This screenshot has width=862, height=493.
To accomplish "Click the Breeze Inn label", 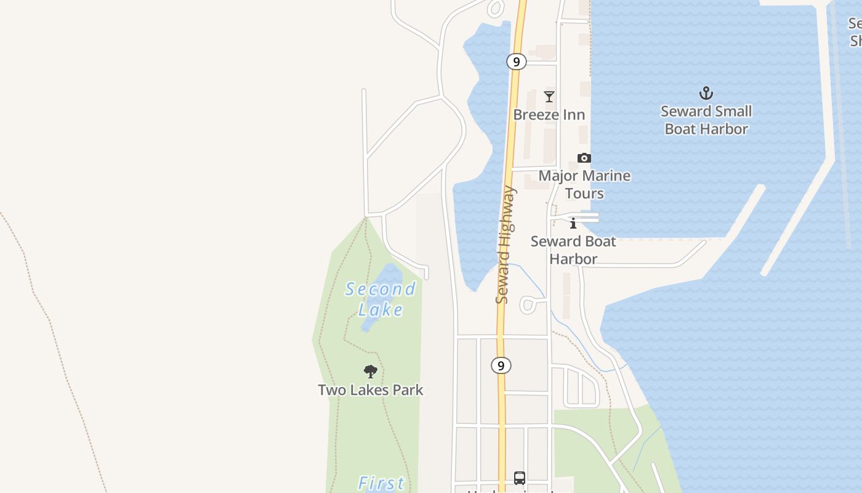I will point(549,115).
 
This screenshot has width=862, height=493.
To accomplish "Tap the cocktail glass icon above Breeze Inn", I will point(549,97).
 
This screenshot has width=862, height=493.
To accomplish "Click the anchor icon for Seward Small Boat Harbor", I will point(706,93).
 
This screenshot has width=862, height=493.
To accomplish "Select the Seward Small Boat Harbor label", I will point(706,120).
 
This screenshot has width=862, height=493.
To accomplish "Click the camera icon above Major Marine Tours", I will point(584,158).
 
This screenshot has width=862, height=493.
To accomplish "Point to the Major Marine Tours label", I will point(584,184).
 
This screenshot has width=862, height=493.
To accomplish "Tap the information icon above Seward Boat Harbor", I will point(573,223).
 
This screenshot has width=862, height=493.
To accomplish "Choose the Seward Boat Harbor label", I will point(573,250).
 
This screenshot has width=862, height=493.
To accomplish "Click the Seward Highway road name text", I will point(504,245).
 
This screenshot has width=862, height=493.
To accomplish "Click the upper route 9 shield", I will point(516,62).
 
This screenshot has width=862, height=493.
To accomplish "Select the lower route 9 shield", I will point(501,365).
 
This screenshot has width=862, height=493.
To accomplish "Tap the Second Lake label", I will point(381,298).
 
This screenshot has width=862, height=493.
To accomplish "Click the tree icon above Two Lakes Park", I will point(370,371).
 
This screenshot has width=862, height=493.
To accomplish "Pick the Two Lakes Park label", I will point(371,390).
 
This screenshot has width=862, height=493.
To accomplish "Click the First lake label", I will point(381,483).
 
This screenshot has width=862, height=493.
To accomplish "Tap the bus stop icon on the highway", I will point(519,478).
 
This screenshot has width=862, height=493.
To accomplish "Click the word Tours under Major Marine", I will point(584,194).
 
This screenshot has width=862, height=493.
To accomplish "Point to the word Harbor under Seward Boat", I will point(573,259).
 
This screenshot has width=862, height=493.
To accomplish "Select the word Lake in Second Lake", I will point(381,309).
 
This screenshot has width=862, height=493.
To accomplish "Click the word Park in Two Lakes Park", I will point(409,390).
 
